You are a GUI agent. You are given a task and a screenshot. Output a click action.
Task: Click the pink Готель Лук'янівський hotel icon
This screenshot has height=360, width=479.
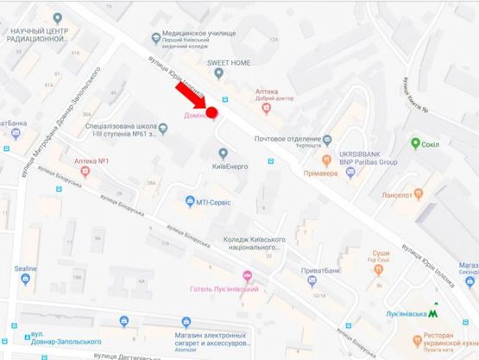click(x=249, y=276)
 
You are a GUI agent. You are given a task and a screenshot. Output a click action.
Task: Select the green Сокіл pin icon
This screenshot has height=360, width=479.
click(x=416, y=142)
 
